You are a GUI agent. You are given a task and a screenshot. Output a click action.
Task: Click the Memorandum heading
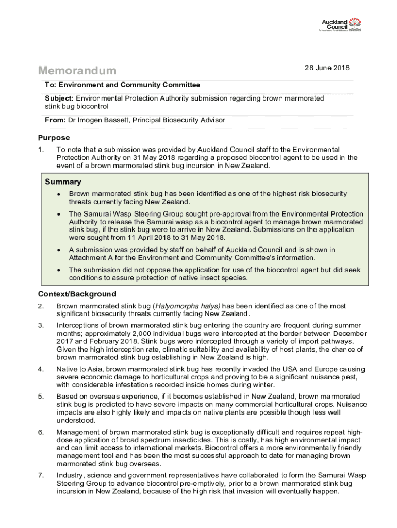pyautogui.click(x=77, y=71)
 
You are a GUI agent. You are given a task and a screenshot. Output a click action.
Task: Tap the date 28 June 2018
pyautogui.click(x=327, y=68)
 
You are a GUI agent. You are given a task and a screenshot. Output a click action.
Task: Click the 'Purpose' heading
pyautogui.click(x=54, y=138)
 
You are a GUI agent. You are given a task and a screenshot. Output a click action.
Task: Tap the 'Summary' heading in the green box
pyautogui.click(x=63, y=181)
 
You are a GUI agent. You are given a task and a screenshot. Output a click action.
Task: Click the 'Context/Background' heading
pyautogui.click(x=77, y=294)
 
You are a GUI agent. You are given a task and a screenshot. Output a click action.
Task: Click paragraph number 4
pyautogui.click(x=41, y=369)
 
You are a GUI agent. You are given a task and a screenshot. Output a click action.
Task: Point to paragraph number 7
pyautogui.click(x=41, y=475)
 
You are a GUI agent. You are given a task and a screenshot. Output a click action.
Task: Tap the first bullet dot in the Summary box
pyautogui.click(x=59, y=194)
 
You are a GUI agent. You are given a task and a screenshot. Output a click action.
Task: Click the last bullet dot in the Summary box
pyautogui.click(x=59, y=270)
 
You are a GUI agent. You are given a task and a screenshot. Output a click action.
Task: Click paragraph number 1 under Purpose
pyautogui.click(x=41, y=150)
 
